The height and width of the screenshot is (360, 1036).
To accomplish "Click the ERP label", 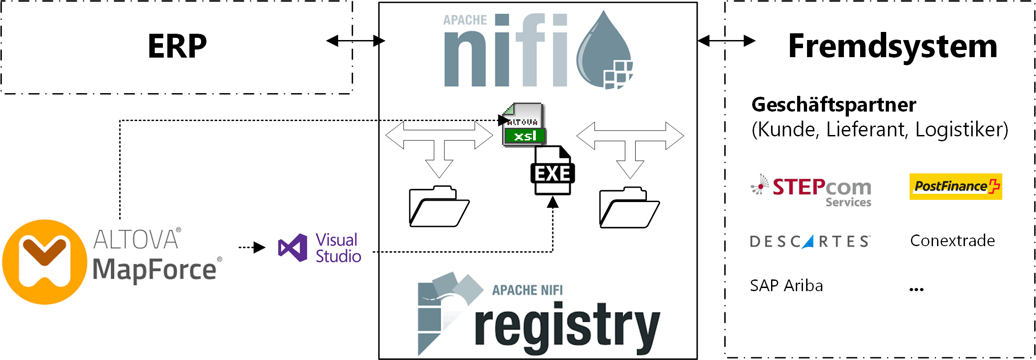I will pos(177,46).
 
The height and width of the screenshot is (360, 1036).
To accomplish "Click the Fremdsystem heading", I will pos(892,46).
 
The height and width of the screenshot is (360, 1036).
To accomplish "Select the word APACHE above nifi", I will pos(465,20).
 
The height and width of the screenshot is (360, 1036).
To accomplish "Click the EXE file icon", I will pos(552,172).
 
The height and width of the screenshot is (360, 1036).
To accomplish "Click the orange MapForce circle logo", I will pos(45,262).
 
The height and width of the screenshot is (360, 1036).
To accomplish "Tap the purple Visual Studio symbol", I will pos(293,247).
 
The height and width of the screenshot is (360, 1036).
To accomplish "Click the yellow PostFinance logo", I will pos(955,186).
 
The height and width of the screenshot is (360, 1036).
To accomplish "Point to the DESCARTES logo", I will pos(810,242).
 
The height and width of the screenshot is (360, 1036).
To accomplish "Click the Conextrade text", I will pos(952,241).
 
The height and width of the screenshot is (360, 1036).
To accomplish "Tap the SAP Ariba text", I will pos(786,286).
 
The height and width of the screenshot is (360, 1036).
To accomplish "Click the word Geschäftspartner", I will pos(834,104).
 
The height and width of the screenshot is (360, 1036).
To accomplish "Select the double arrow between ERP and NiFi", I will pos(355,41).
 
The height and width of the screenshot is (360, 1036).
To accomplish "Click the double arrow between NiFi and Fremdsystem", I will pos(726,41).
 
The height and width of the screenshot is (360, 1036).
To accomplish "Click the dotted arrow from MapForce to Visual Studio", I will pos(252,247).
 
